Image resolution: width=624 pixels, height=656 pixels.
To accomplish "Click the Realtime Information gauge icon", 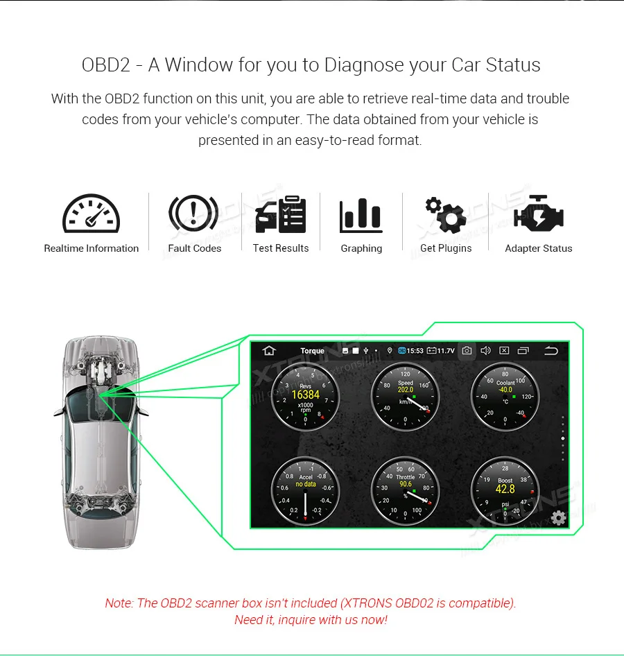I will [x=91, y=214].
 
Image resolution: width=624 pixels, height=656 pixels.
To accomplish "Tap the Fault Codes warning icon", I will [x=194, y=214].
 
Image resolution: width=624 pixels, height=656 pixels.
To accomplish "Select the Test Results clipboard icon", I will [x=281, y=215].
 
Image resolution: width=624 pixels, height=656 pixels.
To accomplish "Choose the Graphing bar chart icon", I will [x=361, y=215].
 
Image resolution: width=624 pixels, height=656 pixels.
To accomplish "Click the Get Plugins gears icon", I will [x=445, y=214].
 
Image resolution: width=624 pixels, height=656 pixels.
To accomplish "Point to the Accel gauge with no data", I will [x=306, y=491].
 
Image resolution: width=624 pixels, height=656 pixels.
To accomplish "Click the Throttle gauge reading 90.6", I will [x=406, y=491].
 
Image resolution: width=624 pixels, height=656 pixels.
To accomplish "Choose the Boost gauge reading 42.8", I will [x=505, y=491].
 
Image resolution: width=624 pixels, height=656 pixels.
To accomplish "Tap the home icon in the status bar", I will [x=268, y=351].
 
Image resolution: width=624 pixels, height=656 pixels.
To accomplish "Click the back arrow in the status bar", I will [x=551, y=351].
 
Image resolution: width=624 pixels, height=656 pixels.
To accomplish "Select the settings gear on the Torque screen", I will [x=557, y=517].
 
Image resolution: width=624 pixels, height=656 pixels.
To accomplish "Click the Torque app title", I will [x=312, y=351].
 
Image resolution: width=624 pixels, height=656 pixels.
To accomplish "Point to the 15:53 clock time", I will [x=415, y=351].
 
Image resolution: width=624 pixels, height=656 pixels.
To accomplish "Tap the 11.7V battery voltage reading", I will [x=445, y=351].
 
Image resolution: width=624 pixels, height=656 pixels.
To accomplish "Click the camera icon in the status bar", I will [x=467, y=351].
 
